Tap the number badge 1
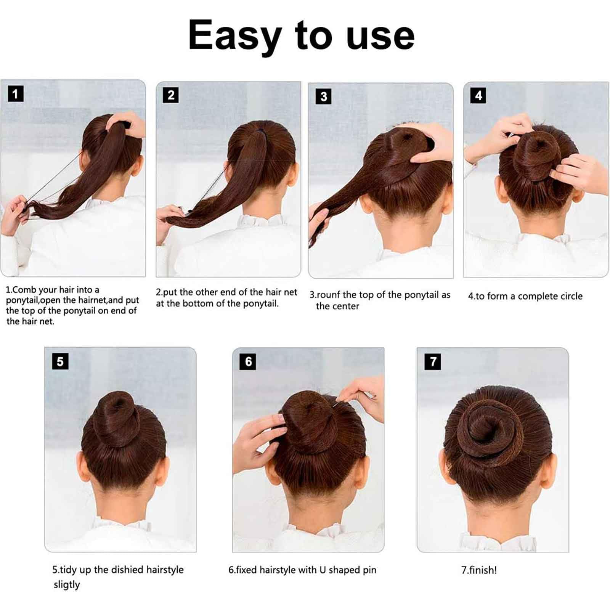click(x=16, y=94)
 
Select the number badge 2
click(x=171, y=95)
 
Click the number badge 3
click(x=324, y=96)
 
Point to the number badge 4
click(x=478, y=95)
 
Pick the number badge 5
click(x=60, y=361)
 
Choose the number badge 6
click(x=248, y=361)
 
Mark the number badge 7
click(x=433, y=361)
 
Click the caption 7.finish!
click(x=479, y=570)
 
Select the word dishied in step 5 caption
click(x=127, y=570)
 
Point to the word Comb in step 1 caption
click(x=24, y=290)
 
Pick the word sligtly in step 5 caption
click(x=67, y=585)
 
